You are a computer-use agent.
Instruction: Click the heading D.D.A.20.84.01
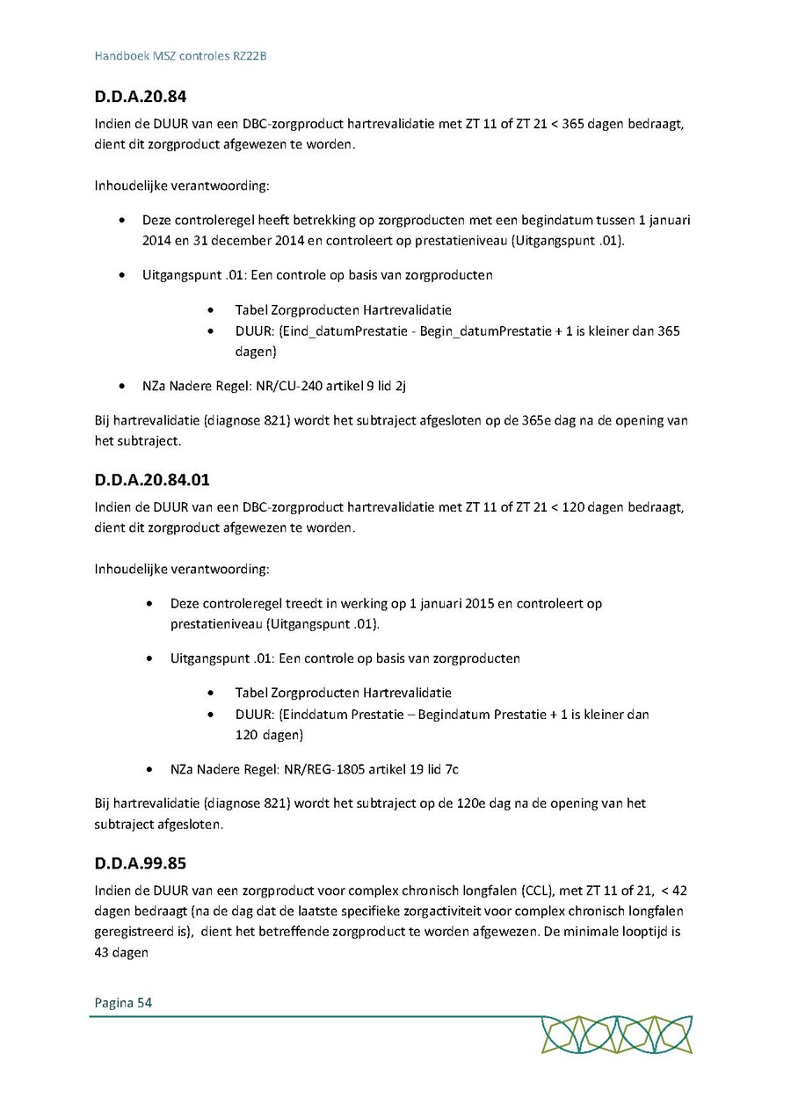[x=151, y=480]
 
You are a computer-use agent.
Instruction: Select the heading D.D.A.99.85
[x=140, y=863]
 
